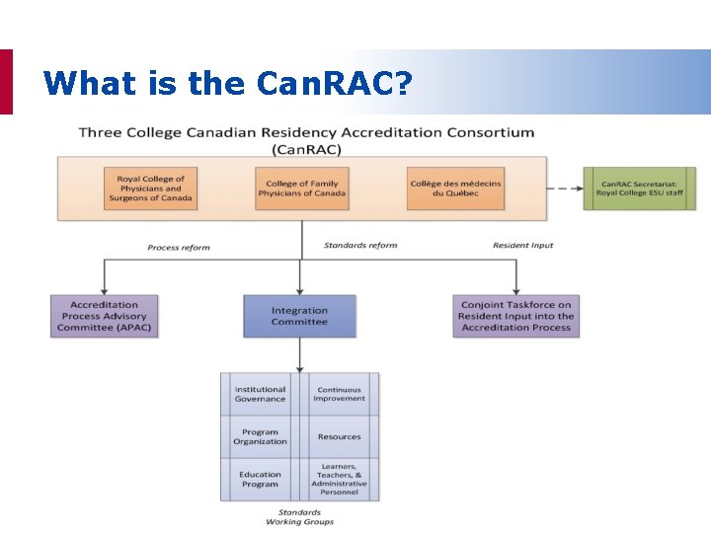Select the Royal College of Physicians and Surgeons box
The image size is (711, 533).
coord(150,189)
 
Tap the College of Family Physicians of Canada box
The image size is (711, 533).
coord(302,188)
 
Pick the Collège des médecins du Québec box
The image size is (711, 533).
coord(454,188)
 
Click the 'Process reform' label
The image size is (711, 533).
coord(179,247)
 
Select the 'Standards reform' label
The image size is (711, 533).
coord(359,245)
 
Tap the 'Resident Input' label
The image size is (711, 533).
coord(523,245)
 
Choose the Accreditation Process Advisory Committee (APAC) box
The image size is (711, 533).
coord(104,316)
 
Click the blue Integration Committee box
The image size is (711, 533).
coord(299,316)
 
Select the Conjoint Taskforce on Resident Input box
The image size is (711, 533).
coord(516,316)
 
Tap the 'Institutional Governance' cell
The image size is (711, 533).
coord(260,394)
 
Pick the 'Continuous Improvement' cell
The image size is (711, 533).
coord(339,394)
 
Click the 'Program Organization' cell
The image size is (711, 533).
coord(260,436)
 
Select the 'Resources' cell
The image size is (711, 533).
coord(339,436)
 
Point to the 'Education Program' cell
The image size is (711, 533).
coord(260,479)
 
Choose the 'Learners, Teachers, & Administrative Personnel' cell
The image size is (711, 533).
coord(339,479)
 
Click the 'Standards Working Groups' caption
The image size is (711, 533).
coord(299,517)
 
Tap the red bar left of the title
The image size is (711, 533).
coord(6,82)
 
